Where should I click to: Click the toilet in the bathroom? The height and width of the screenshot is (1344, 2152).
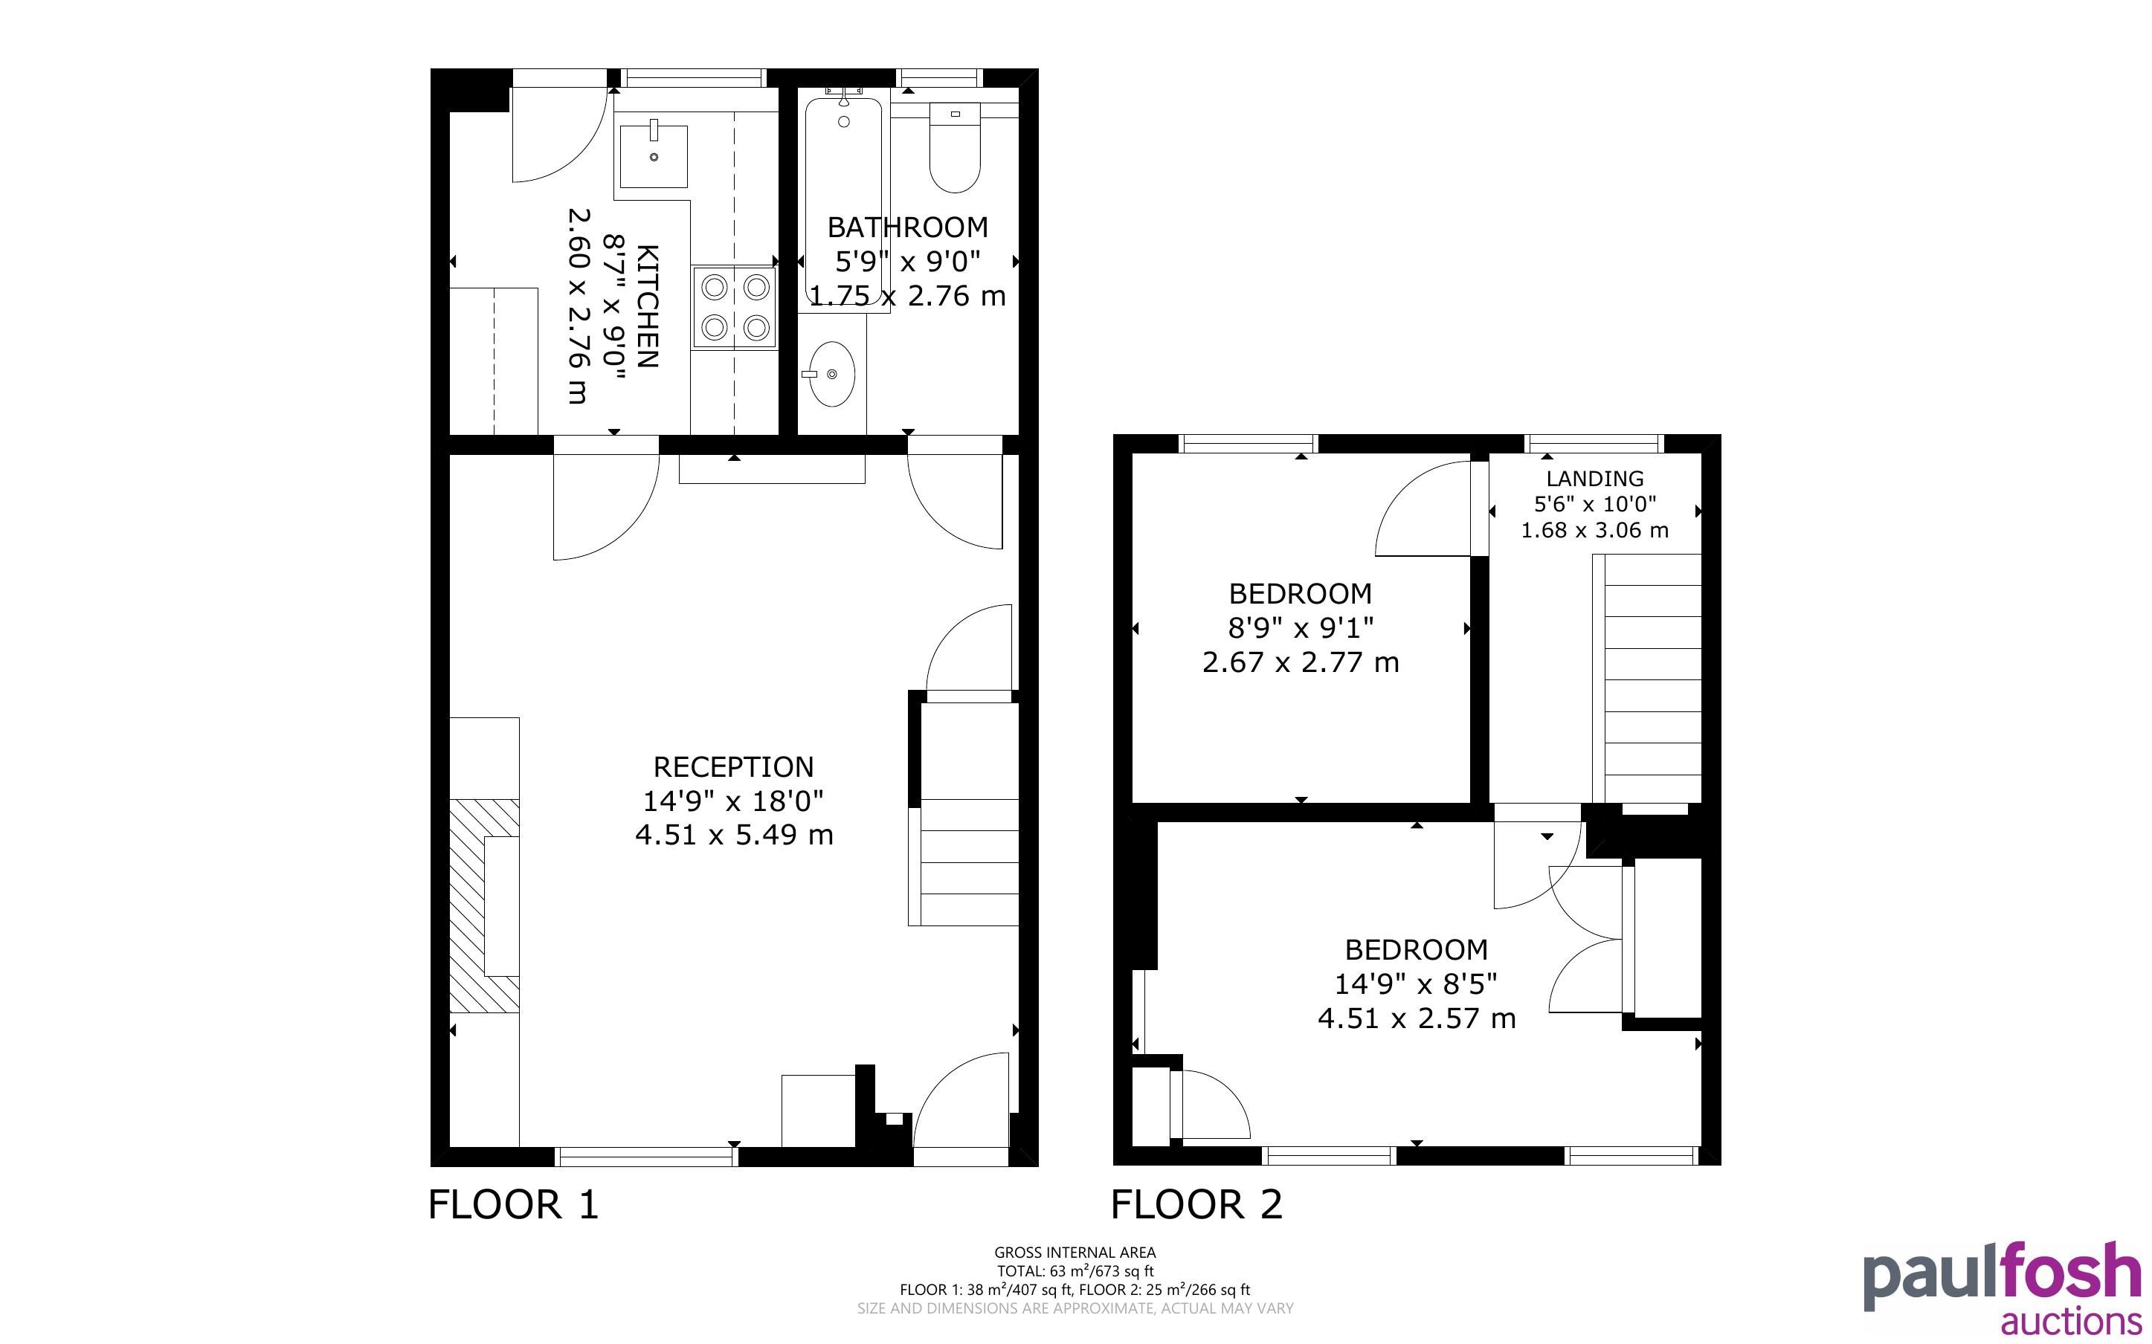[x=955, y=147]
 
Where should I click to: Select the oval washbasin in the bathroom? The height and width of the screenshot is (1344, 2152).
[x=831, y=374]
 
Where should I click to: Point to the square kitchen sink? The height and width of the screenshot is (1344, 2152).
[x=654, y=156]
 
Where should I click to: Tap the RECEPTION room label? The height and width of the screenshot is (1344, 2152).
[x=733, y=767]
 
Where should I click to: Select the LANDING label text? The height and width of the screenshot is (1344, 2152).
[x=1595, y=478]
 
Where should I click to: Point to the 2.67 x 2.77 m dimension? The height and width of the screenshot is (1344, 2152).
[x=1301, y=662]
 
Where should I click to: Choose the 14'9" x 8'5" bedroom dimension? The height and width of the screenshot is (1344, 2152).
[x=1416, y=984]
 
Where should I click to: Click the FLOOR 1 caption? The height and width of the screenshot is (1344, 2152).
[x=514, y=1205]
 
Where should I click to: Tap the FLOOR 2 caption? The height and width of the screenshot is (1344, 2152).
[x=1196, y=1205]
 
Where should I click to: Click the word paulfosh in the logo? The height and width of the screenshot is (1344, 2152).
[x=2002, y=1275]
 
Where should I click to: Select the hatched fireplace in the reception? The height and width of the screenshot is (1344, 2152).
[x=484, y=905]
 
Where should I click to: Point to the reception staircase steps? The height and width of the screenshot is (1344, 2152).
[x=964, y=862]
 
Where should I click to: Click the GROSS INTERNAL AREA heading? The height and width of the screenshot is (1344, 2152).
[x=1075, y=1253]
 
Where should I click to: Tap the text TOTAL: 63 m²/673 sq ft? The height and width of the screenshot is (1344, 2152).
[x=1075, y=1271]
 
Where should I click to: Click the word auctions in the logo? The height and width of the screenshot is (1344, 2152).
[x=2071, y=1321]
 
